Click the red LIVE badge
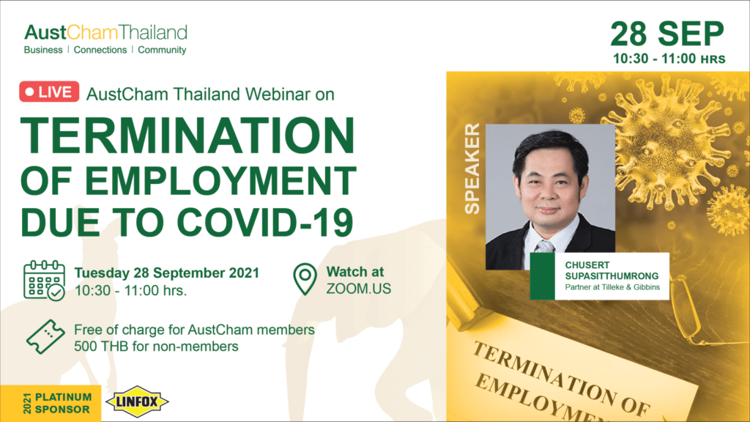click(x=49, y=92)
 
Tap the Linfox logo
click(x=137, y=401)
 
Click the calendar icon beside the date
click(x=44, y=281)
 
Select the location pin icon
click(x=305, y=279)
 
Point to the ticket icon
click(x=45, y=337)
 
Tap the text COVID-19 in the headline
click(x=265, y=223)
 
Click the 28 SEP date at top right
click(x=667, y=34)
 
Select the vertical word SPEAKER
click(x=472, y=169)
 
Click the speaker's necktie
click(x=544, y=246)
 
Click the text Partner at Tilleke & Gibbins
click(x=612, y=287)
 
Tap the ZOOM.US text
click(x=359, y=289)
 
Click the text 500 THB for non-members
click(x=156, y=346)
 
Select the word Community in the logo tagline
click(x=162, y=50)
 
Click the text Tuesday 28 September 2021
click(x=166, y=273)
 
